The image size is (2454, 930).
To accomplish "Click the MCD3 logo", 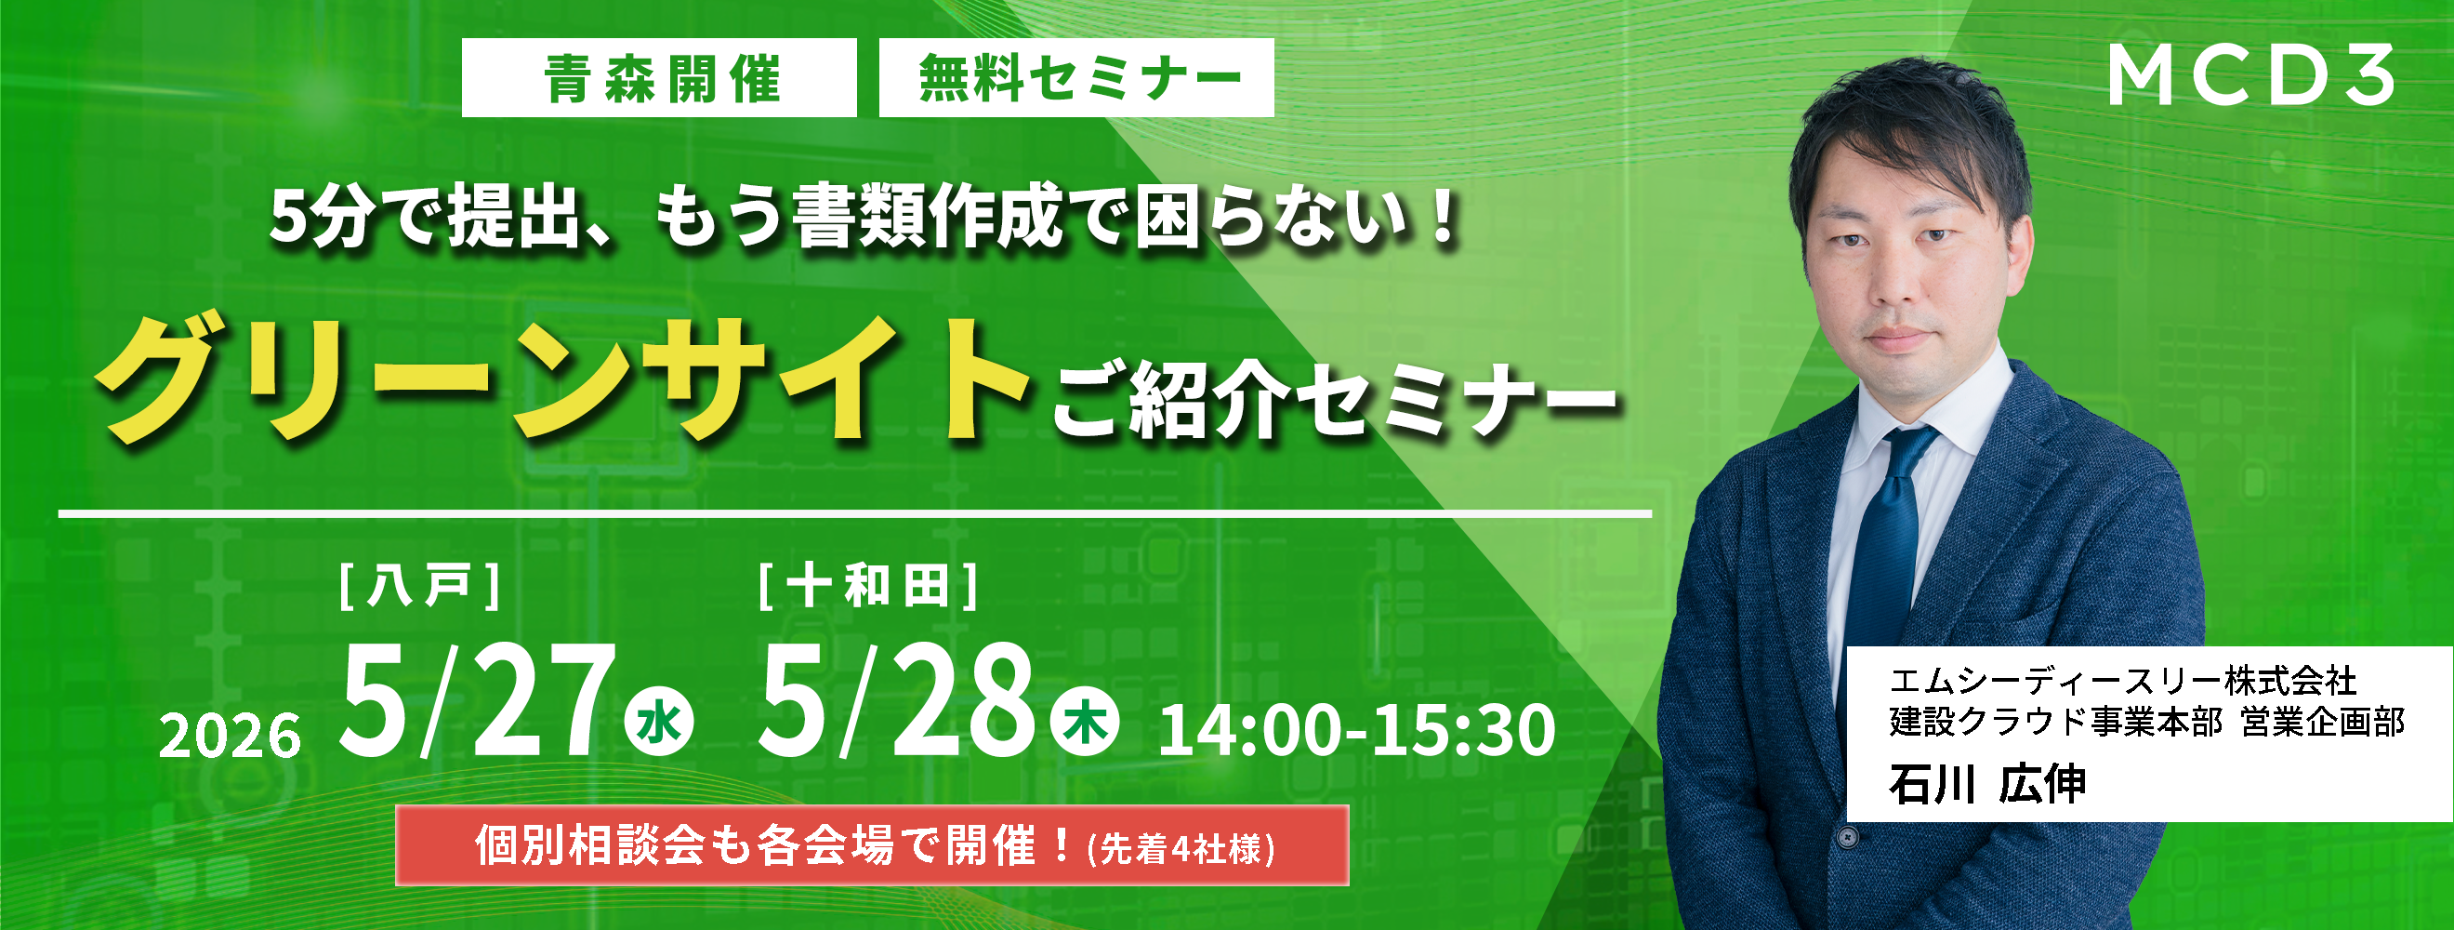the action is pos(2250,76).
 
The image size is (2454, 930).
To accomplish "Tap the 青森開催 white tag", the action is pos(659,78).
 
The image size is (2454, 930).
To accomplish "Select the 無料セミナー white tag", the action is pos(1076,78).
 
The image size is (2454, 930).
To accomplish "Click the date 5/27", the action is pos(476,701).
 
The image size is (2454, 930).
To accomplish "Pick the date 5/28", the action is pos(895,701).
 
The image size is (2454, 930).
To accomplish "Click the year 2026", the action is pos(230,737).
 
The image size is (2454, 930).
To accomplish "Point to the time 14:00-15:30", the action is pos(1356,731).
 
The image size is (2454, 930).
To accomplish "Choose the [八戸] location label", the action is pos(420,586).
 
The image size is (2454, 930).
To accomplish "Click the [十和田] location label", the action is pos(868,586).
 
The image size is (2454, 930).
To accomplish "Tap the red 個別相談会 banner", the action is pos(872,846).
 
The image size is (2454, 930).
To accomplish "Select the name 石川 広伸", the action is pos(1987,784).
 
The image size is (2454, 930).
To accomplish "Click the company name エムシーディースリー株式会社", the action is pos(2123,682).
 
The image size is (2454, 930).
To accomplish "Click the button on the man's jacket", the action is pos(1848,838).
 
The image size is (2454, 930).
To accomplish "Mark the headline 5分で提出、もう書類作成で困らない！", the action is pos(865,219).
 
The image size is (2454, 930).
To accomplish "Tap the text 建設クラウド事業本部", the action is pos(2056,723).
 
